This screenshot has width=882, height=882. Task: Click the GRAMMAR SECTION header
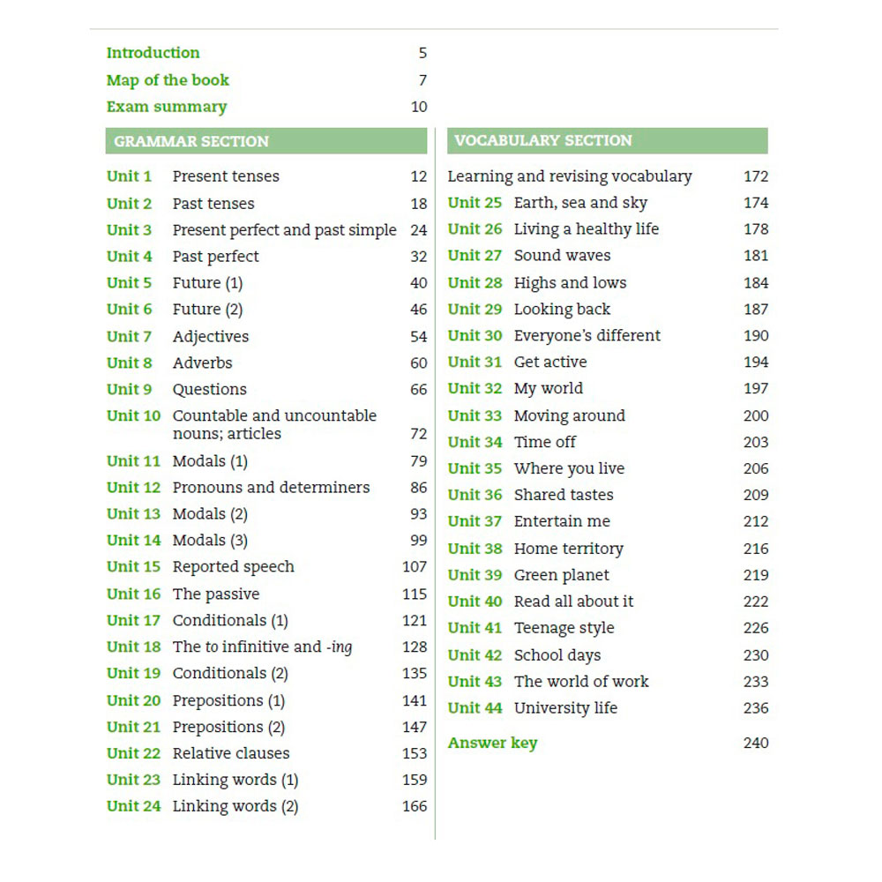coord(191,141)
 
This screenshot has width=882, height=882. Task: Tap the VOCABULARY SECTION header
coord(543,140)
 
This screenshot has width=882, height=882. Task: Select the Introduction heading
coord(153,53)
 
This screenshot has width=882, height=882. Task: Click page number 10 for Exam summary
coord(419,107)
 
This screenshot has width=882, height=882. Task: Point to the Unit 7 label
coord(129,336)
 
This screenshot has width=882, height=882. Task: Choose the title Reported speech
coord(233,566)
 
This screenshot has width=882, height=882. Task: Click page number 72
coord(419,434)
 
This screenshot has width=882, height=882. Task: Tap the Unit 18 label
coord(133,647)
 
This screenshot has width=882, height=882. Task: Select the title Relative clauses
coord(230,753)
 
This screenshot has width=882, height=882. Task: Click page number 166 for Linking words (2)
coord(415,806)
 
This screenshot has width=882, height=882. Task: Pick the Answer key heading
coord(492,743)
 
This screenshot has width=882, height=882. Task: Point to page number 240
coord(756,743)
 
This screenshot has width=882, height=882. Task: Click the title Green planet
coord(561,575)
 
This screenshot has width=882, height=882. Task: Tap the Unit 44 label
coord(475,708)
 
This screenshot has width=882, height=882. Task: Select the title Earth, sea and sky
coord(580,203)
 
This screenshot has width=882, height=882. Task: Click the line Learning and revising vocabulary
coord(569,176)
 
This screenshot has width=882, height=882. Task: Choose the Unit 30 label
coord(475,336)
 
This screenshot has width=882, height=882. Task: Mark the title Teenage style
coord(564,628)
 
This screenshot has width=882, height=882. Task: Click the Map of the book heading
coord(168,80)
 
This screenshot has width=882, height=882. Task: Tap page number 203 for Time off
coord(756,442)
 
